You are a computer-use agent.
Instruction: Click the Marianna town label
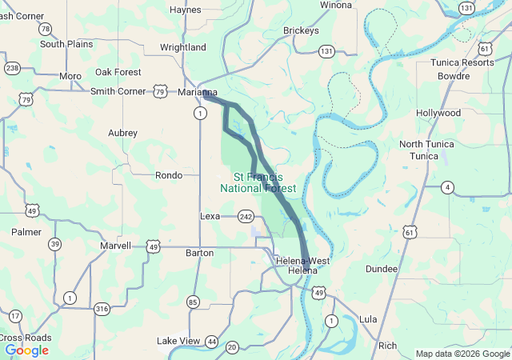tap(197, 92)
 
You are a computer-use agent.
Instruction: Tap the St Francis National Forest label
tap(258, 182)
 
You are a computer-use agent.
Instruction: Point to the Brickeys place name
tap(301, 30)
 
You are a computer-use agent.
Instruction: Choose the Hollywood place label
tap(438, 113)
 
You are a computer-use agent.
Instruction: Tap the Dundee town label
tap(381, 269)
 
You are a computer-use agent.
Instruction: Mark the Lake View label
tap(178, 341)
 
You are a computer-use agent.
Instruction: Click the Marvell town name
tap(115, 246)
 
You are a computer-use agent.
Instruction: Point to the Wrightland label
tap(182, 47)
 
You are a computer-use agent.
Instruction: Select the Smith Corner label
tap(117, 91)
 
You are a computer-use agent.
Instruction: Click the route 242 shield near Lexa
tap(246, 216)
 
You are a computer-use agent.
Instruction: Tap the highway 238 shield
tap(11, 68)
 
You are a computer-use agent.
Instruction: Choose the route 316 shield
tap(102, 308)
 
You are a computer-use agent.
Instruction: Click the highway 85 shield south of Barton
tap(193, 302)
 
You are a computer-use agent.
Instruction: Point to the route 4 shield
tap(447, 187)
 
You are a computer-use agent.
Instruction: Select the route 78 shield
tap(45, 29)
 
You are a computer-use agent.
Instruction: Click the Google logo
tap(26, 350)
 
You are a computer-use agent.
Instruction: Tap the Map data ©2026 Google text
tap(462, 354)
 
